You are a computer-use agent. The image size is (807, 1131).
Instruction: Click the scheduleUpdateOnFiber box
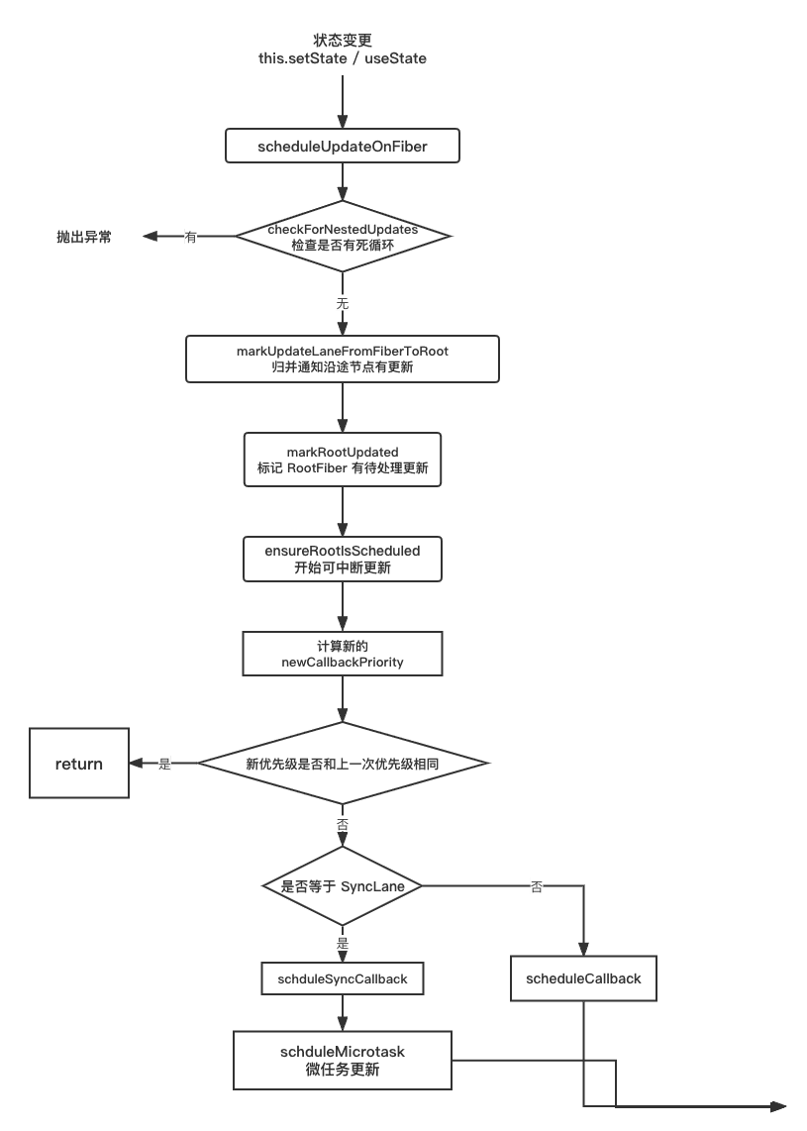point(342,146)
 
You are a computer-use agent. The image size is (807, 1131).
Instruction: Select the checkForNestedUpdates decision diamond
point(343,236)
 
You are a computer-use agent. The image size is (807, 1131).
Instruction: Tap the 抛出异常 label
point(83,237)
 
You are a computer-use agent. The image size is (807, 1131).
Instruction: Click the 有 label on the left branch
point(190,237)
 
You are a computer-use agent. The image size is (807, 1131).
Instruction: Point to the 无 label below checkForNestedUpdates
point(343,304)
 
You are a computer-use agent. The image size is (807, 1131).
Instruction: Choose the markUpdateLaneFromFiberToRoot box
point(342,359)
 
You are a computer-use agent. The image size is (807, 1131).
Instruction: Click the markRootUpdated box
point(342,460)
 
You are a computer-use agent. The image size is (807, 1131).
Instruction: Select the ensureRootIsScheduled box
point(342,559)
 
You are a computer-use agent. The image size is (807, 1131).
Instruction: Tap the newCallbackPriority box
point(342,654)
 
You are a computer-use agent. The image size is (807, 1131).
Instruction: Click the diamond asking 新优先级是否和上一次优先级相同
point(343,764)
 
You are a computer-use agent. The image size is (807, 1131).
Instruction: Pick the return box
point(79,764)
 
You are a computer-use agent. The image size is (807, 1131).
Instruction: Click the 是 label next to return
point(164,764)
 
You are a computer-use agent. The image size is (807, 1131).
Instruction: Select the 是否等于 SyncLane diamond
point(343,885)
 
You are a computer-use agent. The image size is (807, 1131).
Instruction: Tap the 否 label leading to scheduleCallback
point(537,886)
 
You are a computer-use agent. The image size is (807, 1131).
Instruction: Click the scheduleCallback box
point(583,978)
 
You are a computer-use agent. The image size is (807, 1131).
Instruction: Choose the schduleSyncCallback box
point(342,978)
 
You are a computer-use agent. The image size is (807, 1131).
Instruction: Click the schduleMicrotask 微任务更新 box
point(342,1061)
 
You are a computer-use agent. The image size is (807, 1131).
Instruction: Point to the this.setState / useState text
point(342,58)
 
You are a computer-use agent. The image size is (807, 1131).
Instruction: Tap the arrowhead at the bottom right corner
point(779,1106)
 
